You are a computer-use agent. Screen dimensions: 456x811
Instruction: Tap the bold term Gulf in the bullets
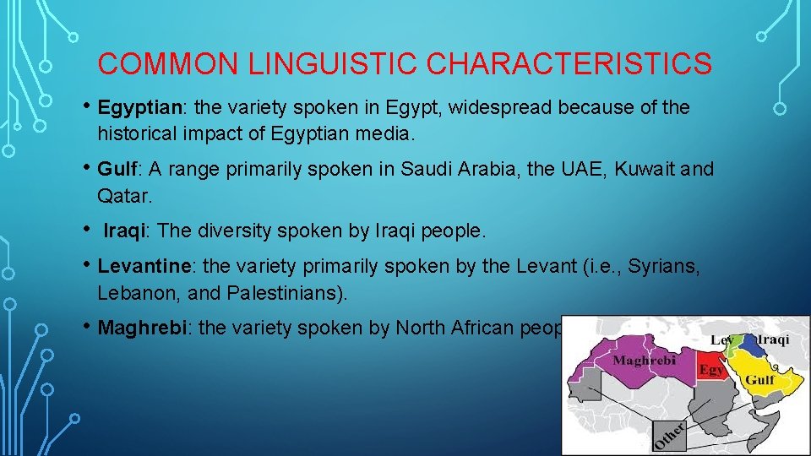tap(115, 169)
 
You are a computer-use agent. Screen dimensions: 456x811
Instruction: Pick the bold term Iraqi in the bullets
tap(124, 230)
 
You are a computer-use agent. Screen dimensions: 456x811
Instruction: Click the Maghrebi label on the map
tap(644, 361)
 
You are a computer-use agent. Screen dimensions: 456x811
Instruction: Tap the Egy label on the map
tap(710, 370)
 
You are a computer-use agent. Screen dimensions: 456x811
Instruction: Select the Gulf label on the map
tap(759, 380)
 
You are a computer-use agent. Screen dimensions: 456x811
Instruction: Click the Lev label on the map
tap(721, 339)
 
